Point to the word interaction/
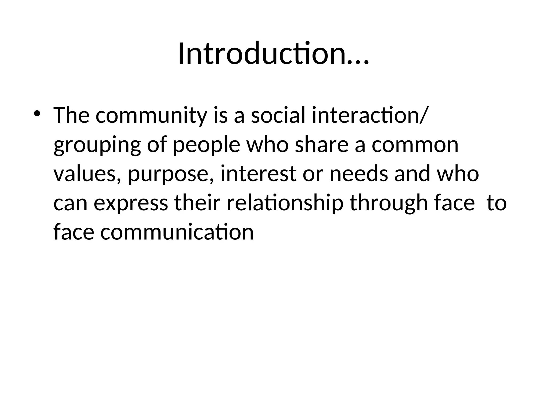pos(368,115)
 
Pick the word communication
pos(177,232)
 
